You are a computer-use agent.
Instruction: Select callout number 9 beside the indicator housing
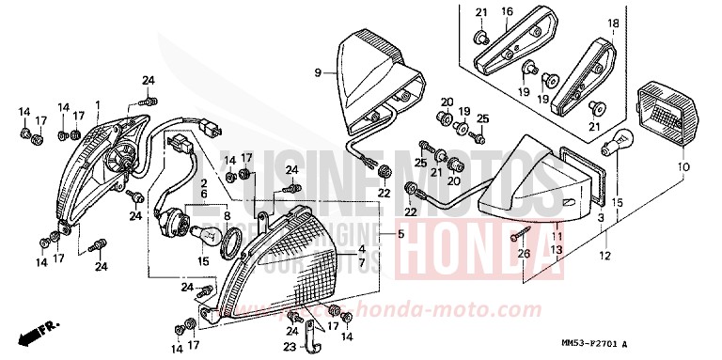(318, 72)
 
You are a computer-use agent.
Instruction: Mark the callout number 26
(523, 252)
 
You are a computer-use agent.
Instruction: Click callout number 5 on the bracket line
(400, 234)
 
